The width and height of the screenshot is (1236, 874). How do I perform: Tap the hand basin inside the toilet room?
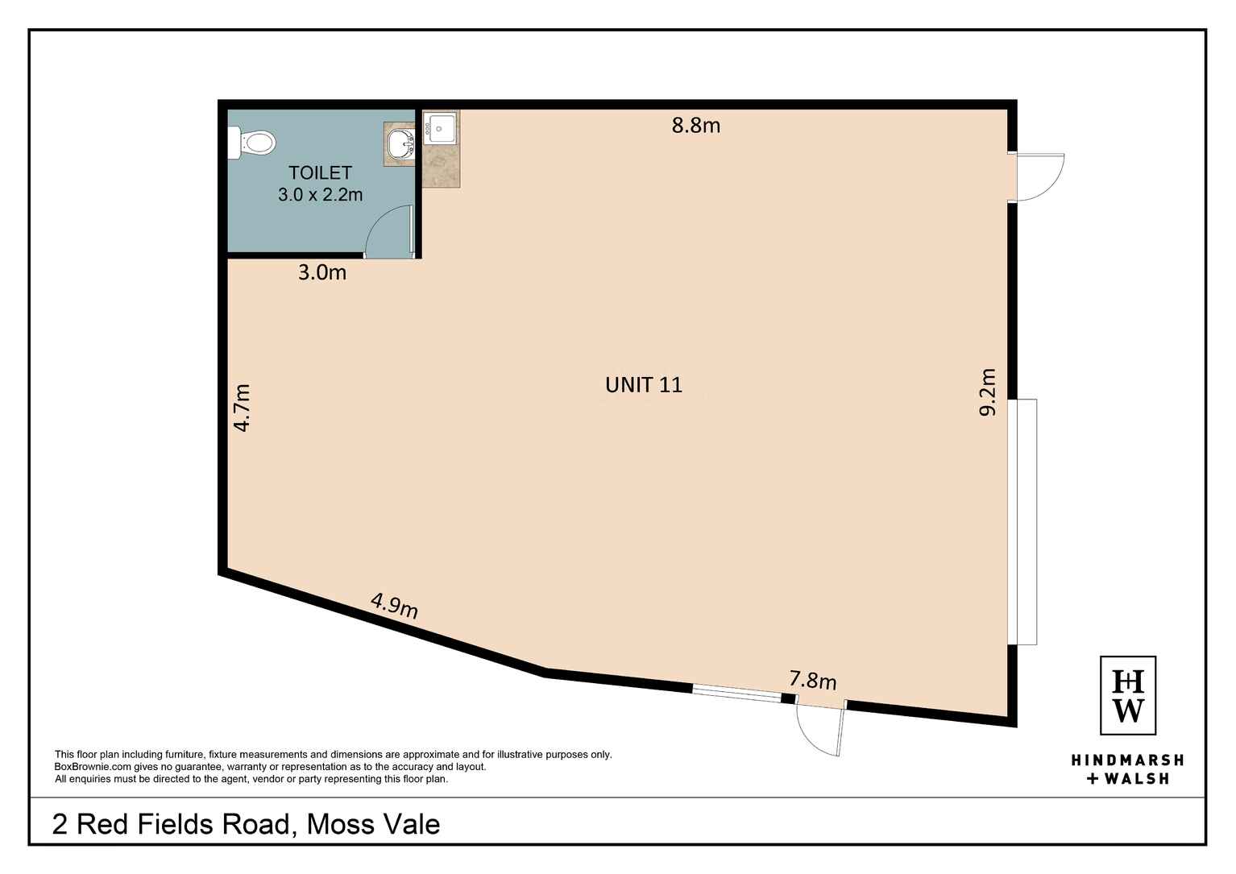(x=400, y=145)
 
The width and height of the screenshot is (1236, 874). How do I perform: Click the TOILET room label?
(x=320, y=172)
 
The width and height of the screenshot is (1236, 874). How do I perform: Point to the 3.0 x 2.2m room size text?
(x=320, y=194)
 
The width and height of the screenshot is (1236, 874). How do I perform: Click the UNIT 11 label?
(x=643, y=385)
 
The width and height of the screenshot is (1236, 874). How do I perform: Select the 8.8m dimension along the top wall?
(x=696, y=125)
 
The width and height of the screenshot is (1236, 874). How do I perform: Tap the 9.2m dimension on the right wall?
(x=987, y=391)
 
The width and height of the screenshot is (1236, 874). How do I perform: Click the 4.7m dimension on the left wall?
(x=243, y=408)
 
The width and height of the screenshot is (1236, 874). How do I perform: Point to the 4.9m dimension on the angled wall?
(x=394, y=605)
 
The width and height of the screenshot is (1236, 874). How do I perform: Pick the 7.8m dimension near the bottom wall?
(x=812, y=681)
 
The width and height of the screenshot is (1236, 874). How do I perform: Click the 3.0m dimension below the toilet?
(x=322, y=273)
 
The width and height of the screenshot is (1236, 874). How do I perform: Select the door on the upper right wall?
(x=1039, y=177)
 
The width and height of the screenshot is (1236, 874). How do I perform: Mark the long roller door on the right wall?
(x=1026, y=521)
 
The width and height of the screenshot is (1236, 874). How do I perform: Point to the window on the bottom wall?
(x=736, y=692)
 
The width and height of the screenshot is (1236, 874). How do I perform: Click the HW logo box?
(x=1128, y=695)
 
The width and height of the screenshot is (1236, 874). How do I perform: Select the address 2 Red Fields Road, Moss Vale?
(x=246, y=824)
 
